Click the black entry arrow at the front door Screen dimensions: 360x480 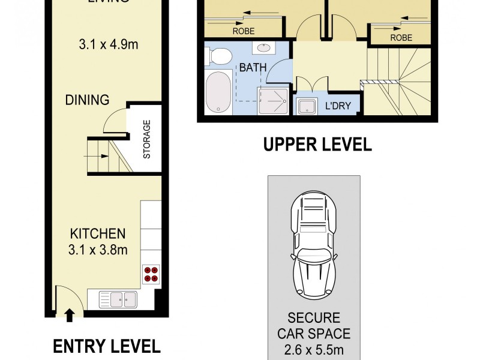70,314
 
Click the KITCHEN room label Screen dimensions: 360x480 98,234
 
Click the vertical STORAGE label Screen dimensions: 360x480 146,139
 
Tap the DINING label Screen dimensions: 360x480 88,100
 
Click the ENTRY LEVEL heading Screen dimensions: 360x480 106,346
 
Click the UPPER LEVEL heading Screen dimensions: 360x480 317,145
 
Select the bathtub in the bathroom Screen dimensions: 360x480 218,93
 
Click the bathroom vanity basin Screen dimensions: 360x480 263,47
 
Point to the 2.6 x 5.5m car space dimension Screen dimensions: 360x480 314,347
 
